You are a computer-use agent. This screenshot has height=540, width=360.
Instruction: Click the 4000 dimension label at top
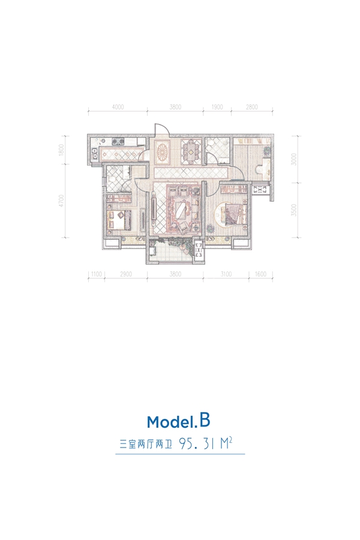118,107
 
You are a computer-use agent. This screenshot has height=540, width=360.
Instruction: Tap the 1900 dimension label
217,107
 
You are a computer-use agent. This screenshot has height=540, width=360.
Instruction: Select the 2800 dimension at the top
252,107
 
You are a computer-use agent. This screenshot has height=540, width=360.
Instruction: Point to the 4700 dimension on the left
62,201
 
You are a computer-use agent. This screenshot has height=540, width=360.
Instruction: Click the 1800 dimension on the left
62,150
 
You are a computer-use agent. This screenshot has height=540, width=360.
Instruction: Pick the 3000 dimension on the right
293,159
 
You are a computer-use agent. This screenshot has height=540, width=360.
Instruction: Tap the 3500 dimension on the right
293,210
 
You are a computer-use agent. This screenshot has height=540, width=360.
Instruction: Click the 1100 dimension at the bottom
97,274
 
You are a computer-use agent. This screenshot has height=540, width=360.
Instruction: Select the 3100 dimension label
226,274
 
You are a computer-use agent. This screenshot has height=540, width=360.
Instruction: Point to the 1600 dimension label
261,274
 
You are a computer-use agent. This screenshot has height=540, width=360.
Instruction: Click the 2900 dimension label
126,274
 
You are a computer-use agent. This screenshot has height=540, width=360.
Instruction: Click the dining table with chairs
191,150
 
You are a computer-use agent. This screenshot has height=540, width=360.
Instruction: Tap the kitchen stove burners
118,140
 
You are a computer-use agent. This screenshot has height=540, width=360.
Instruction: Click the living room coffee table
181,209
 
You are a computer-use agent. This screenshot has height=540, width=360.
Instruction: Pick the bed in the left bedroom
119,220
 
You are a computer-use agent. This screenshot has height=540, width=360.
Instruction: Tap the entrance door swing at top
161,130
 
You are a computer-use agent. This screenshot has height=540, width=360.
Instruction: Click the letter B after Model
204,421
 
